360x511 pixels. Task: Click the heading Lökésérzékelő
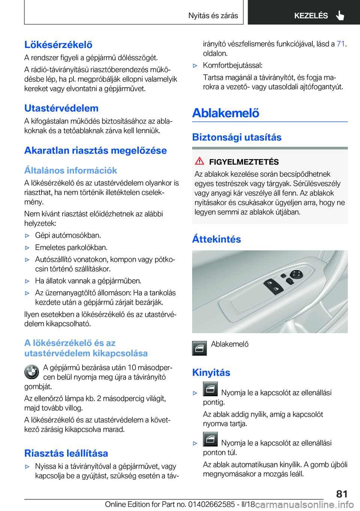58,45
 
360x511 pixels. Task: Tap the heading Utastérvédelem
61,108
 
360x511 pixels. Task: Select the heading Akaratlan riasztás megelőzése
96,150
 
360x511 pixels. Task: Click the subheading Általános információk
71,170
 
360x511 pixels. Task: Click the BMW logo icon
32,372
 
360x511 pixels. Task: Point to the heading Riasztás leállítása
66,453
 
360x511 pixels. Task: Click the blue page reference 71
340,44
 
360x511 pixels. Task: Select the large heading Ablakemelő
226,113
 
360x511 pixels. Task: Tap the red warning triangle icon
199,161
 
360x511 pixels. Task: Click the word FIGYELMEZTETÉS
244,162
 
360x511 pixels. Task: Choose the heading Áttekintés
216,239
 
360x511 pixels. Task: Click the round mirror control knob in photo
296,274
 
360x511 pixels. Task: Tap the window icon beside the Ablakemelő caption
199,348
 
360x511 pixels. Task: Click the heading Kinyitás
211,373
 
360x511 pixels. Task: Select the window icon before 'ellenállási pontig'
210,389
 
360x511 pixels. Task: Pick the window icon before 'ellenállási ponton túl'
210,439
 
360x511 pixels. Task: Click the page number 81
342,494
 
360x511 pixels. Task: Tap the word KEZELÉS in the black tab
311,16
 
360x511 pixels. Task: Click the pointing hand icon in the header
340,15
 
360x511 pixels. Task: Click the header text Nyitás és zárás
213,16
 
